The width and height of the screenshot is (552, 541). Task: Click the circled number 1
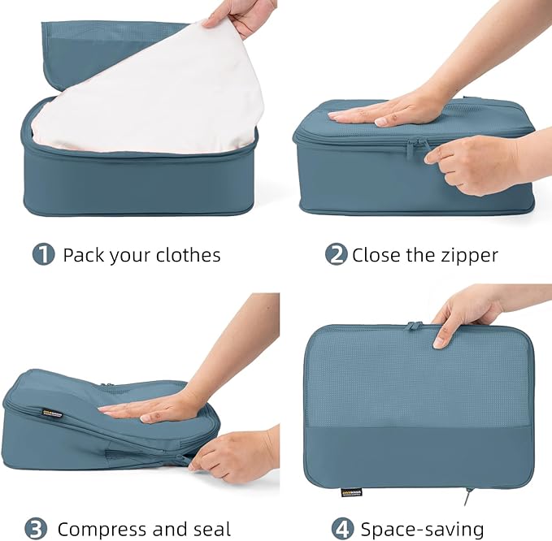click(x=43, y=254)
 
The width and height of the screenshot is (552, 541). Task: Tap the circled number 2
click(x=336, y=254)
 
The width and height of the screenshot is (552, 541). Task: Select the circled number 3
click(x=37, y=529)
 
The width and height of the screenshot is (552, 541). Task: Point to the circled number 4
click(x=342, y=529)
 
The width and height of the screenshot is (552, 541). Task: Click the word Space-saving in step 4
click(x=423, y=529)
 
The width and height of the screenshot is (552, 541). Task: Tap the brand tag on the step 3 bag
click(x=53, y=413)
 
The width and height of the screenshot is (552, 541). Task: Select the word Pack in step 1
click(x=83, y=255)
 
